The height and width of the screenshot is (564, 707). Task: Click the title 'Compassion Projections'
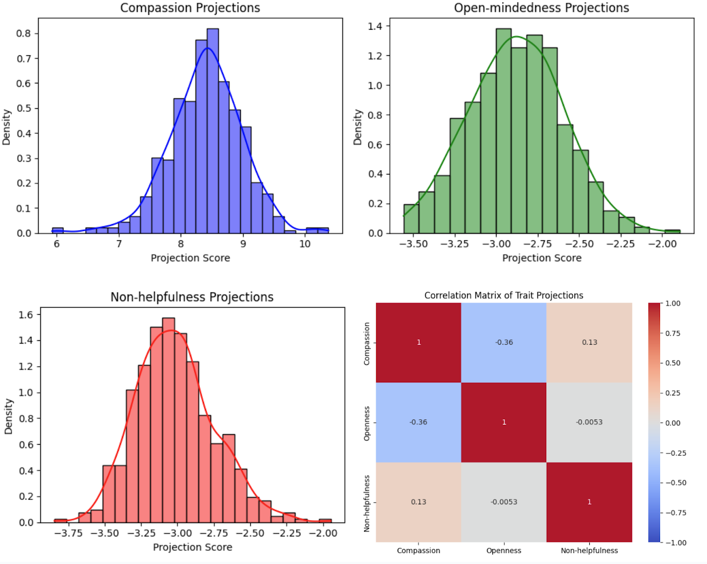tap(190, 8)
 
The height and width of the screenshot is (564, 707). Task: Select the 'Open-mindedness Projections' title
tap(541, 8)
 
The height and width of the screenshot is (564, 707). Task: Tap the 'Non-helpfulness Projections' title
tap(192, 297)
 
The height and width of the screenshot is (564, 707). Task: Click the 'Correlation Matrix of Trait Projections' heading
tap(504, 296)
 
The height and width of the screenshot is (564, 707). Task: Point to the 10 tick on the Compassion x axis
tap(305, 244)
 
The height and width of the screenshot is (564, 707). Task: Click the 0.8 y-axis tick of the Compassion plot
tap(24, 33)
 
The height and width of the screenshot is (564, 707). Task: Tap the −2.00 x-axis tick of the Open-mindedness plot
tap(662, 244)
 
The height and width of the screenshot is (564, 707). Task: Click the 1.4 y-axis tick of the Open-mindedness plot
tap(376, 26)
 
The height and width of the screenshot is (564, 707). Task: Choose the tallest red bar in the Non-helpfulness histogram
tap(168, 420)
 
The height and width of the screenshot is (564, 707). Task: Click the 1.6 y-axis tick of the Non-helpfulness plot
tap(26, 315)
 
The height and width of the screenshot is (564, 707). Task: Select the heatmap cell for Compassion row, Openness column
tap(504, 342)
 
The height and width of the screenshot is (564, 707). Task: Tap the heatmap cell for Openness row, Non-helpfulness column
tap(589, 422)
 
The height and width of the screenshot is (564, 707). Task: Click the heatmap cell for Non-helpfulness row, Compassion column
tap(418, 502)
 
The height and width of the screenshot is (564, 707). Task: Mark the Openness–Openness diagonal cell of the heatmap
tap(504, 422)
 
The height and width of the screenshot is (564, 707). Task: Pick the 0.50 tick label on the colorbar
tap(673, 363)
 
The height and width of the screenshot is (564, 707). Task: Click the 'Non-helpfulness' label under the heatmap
tap(589, 550)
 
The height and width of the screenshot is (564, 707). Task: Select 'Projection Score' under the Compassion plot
tap(190, 258)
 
